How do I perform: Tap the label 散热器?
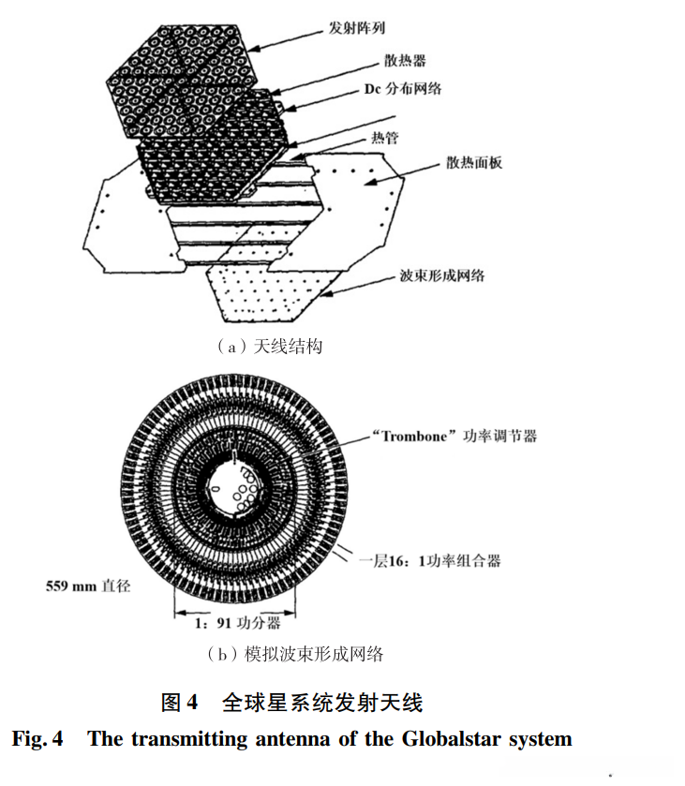[x=406, y=61]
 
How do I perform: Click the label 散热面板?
[x=473, y=163]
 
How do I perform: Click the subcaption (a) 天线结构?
[x=269, y=348]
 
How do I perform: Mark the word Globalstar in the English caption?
[x=450, y=739]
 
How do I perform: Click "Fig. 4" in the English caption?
[x=37, y=739]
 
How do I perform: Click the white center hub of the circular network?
[x=235, y=487]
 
